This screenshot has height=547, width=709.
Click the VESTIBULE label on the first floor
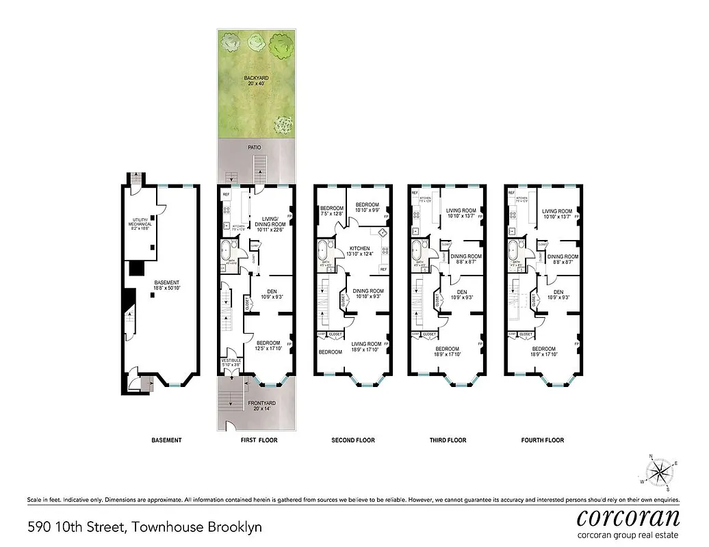tap(230, 363)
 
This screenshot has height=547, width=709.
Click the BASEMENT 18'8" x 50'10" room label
tap(166, 286)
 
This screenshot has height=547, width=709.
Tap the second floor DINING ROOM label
tap(368, 294)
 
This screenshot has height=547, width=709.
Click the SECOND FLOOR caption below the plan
tap(352, 440)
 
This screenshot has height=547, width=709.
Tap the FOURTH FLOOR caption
tap(543, 440)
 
